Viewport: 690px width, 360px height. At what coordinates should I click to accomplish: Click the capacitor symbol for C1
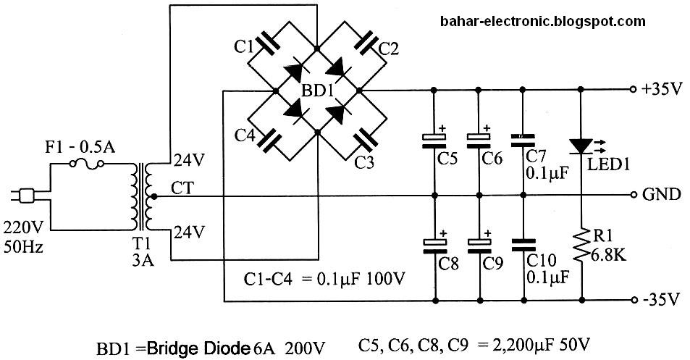(x=267, y=44)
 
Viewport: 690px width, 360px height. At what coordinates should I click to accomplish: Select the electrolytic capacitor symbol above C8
(x=433, y=241)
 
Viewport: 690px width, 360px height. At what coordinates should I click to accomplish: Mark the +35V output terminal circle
(x=631, y=91)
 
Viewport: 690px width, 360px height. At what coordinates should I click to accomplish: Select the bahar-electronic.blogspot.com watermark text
(x=542, y=22)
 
